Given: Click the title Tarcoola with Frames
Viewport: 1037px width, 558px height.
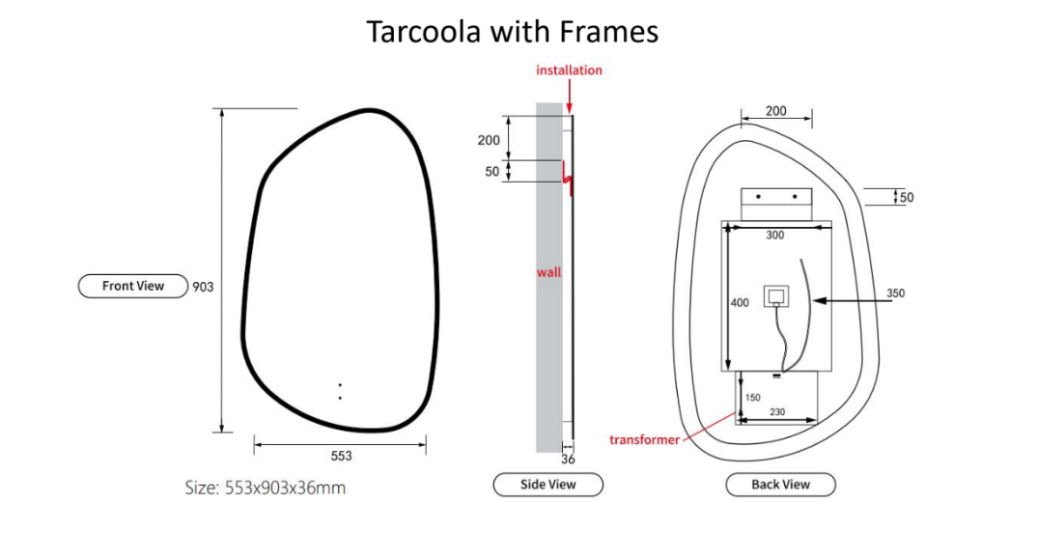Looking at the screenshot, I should pos(512,31).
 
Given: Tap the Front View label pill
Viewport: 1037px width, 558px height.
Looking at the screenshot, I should pos(132,286).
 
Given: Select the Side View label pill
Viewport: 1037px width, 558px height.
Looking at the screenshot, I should pos(547,485).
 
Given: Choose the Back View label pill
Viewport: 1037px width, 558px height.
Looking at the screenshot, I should pos(780,485).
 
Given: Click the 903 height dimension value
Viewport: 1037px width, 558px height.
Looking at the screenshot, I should pos(203,287).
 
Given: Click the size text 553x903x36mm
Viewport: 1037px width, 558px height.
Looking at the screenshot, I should pos(265,488).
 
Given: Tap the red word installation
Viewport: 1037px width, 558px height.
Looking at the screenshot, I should pos(569,70).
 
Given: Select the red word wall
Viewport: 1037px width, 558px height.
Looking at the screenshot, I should pos(548,272).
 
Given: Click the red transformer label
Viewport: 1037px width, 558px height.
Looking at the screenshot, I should pos(644,440).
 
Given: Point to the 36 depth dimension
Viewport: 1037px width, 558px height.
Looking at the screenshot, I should pos(568,460).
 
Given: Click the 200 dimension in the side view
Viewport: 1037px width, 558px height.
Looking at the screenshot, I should pos(489,141).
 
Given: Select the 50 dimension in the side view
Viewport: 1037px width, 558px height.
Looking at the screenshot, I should pos(492,172).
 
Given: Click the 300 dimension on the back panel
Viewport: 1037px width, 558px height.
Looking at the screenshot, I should pos(774,236).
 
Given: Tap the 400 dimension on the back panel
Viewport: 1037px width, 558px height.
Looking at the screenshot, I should pos(739,303).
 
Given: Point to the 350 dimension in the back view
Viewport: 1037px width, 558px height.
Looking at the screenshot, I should pos(895,293).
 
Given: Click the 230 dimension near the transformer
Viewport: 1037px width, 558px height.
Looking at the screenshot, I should pos(777,412).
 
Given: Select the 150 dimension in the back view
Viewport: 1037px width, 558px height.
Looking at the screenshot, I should pos(752,398).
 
